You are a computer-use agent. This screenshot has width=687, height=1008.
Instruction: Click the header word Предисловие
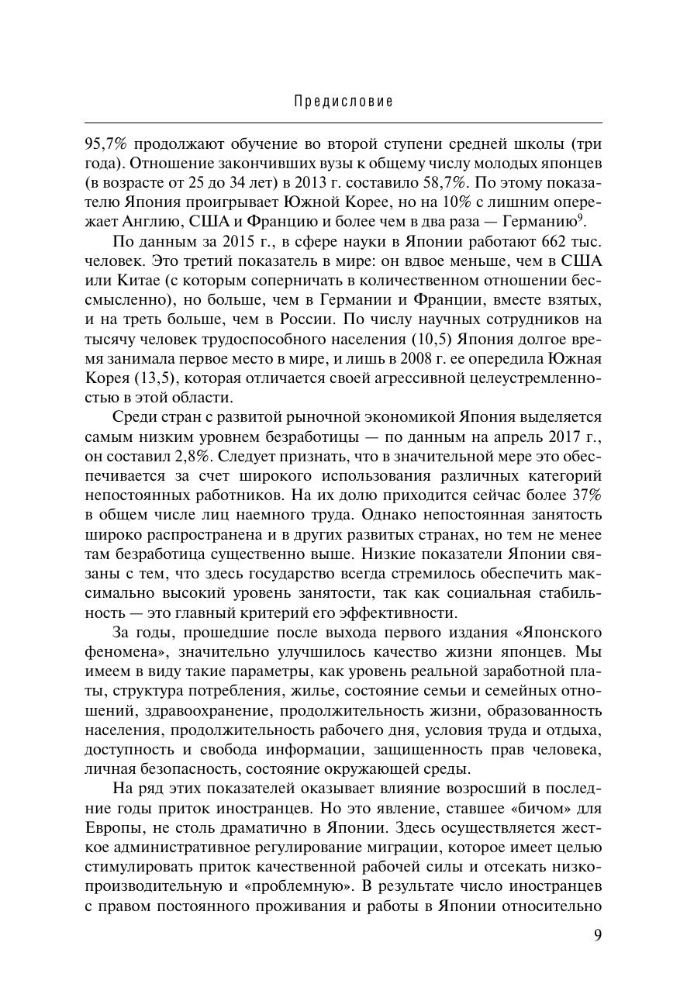pos(343,102)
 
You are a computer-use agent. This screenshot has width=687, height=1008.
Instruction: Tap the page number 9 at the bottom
pos(597,935)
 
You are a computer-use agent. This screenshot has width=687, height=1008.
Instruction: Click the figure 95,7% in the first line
pos(107,145)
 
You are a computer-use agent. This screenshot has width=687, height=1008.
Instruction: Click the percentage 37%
pos(583,496)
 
